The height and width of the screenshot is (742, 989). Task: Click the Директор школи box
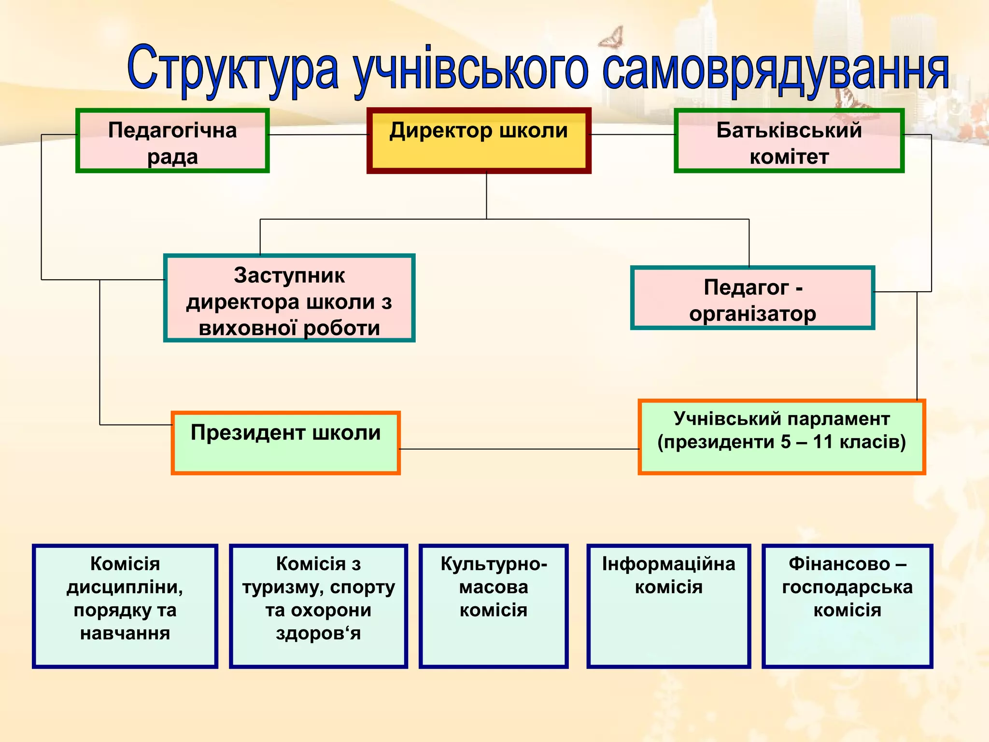[x=479, y=141]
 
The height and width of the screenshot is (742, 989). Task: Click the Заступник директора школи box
[x=289, y=298]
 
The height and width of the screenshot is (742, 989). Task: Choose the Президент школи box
[x=285, y=443]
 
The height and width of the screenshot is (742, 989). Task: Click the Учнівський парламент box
[x=781, y=437]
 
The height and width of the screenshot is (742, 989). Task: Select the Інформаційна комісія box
[x=668, y=606]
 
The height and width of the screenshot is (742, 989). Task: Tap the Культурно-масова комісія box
[x=493, y=606]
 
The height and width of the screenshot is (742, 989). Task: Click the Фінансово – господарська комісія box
[x=847, y=606]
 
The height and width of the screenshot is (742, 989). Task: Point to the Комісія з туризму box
[x=318, y=606]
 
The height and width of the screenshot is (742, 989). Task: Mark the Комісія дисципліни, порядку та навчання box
[x=125, y=606]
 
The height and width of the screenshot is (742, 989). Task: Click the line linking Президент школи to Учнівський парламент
[x=519, y=449]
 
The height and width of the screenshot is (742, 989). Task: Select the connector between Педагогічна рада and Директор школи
[x=318, y=134]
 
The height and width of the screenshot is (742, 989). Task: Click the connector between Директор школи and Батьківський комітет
[x=632, y=134]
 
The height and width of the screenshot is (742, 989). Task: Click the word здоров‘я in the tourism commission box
[x=318, y=633]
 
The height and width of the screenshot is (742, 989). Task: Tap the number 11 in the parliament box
[x=823, y=442]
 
